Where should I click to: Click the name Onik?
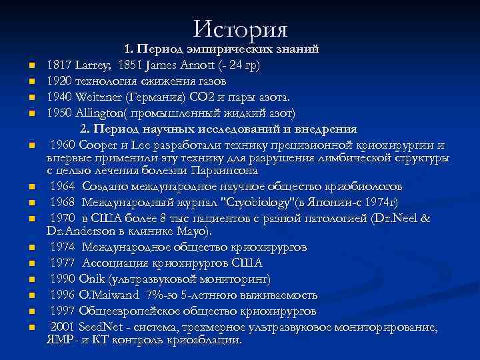pyautogui.click(x=93, y=279)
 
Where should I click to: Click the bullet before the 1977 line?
pyautogui.click(x=31, y=263)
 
